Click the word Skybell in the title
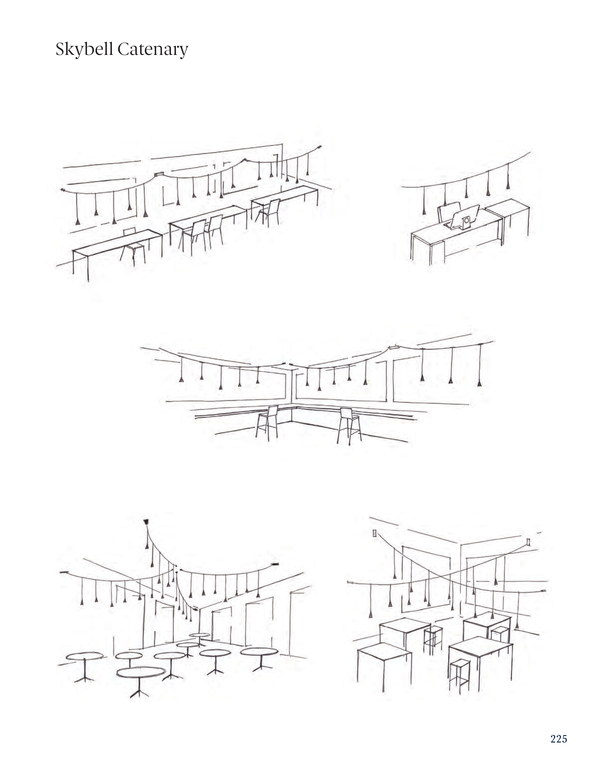[84, 49]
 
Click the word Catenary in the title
[153, 49]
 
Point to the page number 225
[558, 739]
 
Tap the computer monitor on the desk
[464, 217]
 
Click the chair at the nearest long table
[132, 245]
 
